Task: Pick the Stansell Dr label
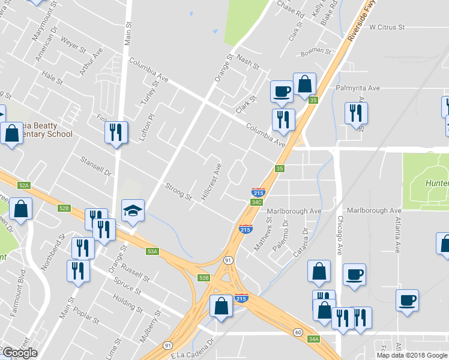coord(96,167)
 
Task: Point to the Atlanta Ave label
coord(397,233)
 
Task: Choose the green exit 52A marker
coord(24,186)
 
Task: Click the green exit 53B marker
coord(204,277)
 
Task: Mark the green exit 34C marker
coord(256,202)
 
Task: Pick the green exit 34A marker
coord(313,339)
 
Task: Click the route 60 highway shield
coord(297,332)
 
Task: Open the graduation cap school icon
coord(133,211)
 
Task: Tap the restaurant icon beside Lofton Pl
coord(116,132)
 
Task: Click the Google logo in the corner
coord(20,353)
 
